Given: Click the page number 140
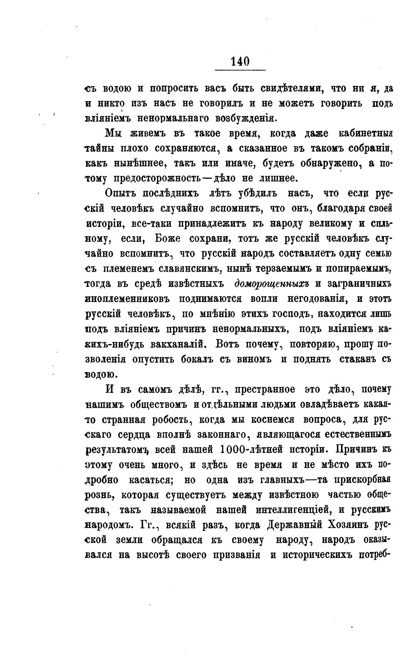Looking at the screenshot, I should pyautogui.click(x=240, y=61).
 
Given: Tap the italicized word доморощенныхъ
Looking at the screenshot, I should pyautogui.click(x=271, y=284).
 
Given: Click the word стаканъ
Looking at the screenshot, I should pyautogui.click(x=353, y=359).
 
